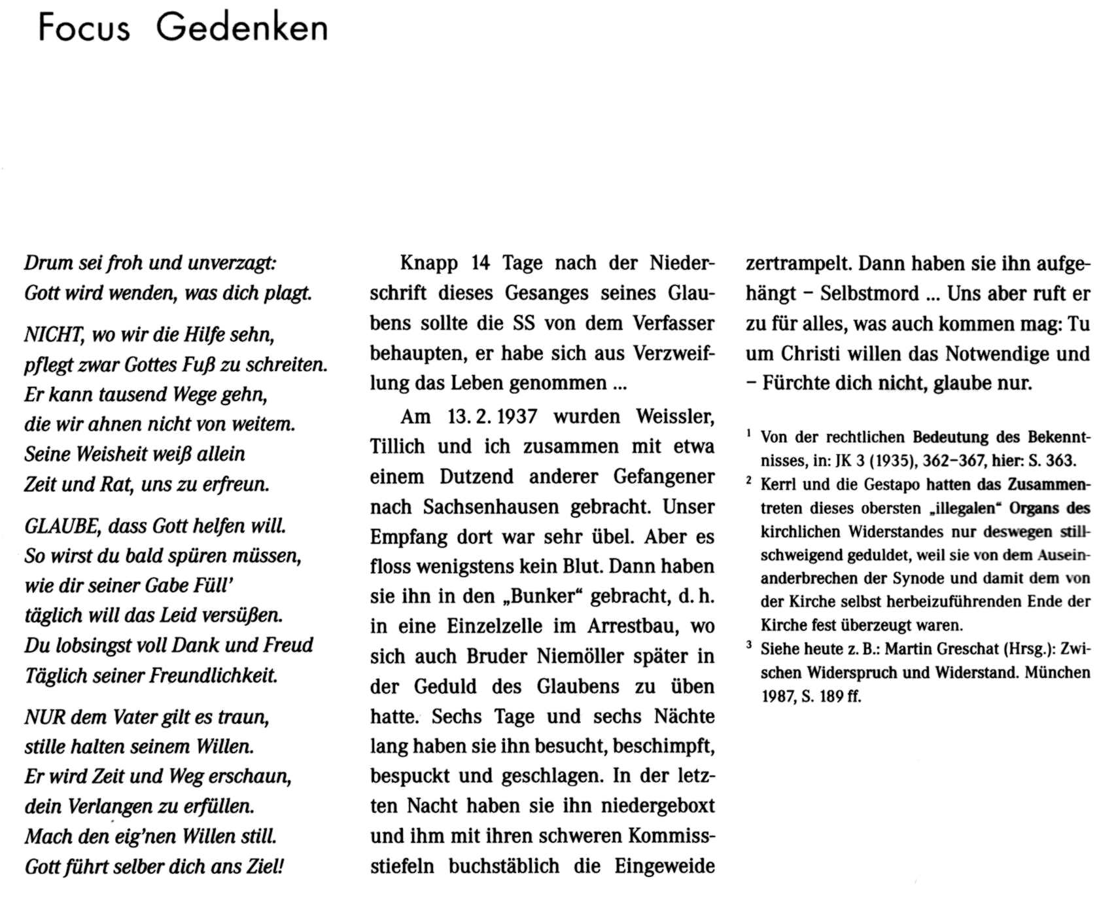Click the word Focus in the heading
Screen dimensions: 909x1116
point(84,28)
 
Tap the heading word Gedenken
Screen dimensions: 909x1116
point(242,28)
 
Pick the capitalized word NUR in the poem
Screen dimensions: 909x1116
point(44,717)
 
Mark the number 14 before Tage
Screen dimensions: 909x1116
point(480,263)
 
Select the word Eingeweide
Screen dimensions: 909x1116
point(664,866)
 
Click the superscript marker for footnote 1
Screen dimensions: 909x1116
point(749,433)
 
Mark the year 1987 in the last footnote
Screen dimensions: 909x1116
point(776,696)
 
